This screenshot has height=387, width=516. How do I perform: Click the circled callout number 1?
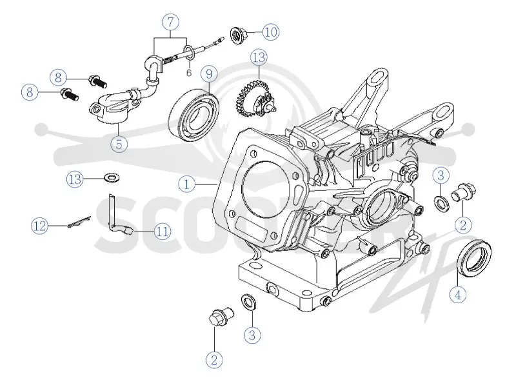[x=186, y=184]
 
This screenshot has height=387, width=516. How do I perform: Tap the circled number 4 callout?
[x=458, y=295]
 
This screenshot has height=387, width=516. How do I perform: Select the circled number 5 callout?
[x=119, y=143]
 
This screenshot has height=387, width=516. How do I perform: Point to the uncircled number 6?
[x=188, y=73]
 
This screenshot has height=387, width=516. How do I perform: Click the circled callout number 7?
[x=170, y=22]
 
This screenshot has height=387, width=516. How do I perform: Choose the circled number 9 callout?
[x=209, y=74]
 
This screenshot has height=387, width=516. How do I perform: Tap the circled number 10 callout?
[x=271, y=32]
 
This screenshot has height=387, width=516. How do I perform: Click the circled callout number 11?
[x=163, y=232]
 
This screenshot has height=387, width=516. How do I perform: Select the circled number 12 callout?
[x=39, y=226]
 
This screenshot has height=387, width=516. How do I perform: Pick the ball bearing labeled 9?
[x=193, y=114]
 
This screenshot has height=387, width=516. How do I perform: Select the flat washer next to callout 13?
[x=112, y=178]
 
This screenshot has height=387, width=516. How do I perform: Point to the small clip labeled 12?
[x=79, y=222]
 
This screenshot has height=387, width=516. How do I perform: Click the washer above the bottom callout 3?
[x=249, y=301]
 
